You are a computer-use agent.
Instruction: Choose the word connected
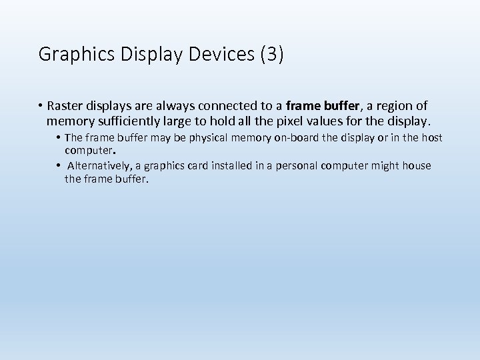[x=226, y=106]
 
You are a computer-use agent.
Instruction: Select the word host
[x=432, y=138]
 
